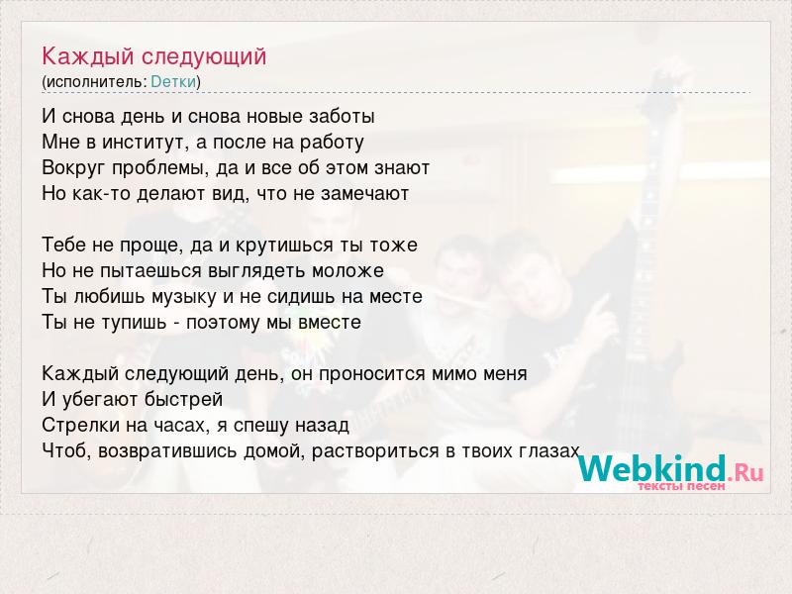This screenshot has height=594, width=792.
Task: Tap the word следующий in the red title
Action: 204,57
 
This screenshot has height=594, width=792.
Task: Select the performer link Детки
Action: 173,82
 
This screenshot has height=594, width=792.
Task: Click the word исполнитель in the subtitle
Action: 94,82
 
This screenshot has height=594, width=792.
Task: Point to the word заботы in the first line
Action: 341,117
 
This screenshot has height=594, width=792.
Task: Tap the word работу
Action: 332,143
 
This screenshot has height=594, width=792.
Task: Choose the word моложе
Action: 348,271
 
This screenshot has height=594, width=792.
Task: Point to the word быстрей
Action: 183,400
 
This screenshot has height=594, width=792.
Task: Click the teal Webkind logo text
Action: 651,469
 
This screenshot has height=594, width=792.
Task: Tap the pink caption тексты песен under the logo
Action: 681,486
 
